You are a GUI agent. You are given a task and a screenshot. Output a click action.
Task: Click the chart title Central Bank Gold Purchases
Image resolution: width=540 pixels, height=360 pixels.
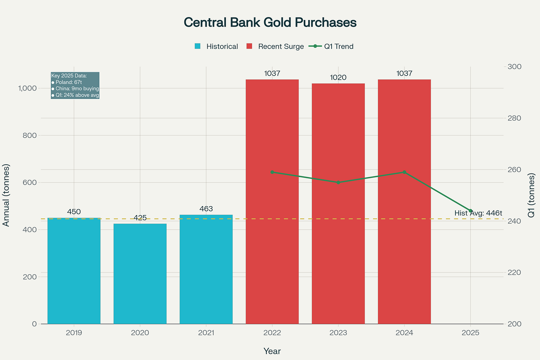pos(270,23)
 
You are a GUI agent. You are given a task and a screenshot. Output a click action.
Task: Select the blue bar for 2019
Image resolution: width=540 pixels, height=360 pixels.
pos(74,271)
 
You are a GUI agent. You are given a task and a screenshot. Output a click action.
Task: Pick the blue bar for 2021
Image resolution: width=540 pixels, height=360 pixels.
pos(206,269)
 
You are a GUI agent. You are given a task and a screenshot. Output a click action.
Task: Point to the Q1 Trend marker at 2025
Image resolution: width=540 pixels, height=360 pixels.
pos(470,211)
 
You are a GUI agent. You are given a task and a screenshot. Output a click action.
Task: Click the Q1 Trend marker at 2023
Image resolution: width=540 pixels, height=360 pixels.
pos(338,182)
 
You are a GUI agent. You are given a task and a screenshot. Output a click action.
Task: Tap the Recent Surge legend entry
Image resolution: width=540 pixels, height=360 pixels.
pos(275,46)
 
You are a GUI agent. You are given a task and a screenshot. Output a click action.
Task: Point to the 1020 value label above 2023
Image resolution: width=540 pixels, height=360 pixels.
pos(338,77)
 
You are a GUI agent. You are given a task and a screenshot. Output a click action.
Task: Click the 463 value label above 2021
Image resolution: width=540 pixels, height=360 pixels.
pos(206,209)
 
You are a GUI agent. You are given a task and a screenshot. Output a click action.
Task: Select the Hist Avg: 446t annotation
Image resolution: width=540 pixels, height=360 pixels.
pos(478,213)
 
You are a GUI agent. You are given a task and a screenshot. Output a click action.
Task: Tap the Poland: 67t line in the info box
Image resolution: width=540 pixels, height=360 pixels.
pos(67,82)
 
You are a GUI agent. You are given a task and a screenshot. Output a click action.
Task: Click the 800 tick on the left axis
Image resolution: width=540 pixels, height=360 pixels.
pos(29,135)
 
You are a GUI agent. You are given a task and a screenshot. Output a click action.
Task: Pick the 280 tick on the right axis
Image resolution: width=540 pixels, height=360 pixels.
pos(514,118)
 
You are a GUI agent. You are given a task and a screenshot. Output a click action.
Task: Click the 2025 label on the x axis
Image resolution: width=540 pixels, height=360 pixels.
pos(470,333)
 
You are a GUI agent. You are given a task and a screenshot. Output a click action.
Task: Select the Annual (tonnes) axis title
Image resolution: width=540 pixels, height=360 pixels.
pos(6,195)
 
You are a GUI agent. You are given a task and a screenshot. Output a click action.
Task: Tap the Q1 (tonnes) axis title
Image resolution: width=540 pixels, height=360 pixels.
pos(531,195)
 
